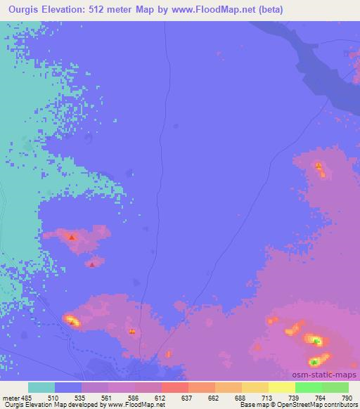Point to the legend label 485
[x=27, y=397]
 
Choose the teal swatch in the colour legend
[x=41, y=387]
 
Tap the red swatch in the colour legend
[x=175, y=387]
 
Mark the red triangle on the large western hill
[x=72, y=238]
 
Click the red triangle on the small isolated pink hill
[x=93, y=265]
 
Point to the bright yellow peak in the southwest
[x=72, y=321]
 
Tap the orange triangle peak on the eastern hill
[x=319, y=167]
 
